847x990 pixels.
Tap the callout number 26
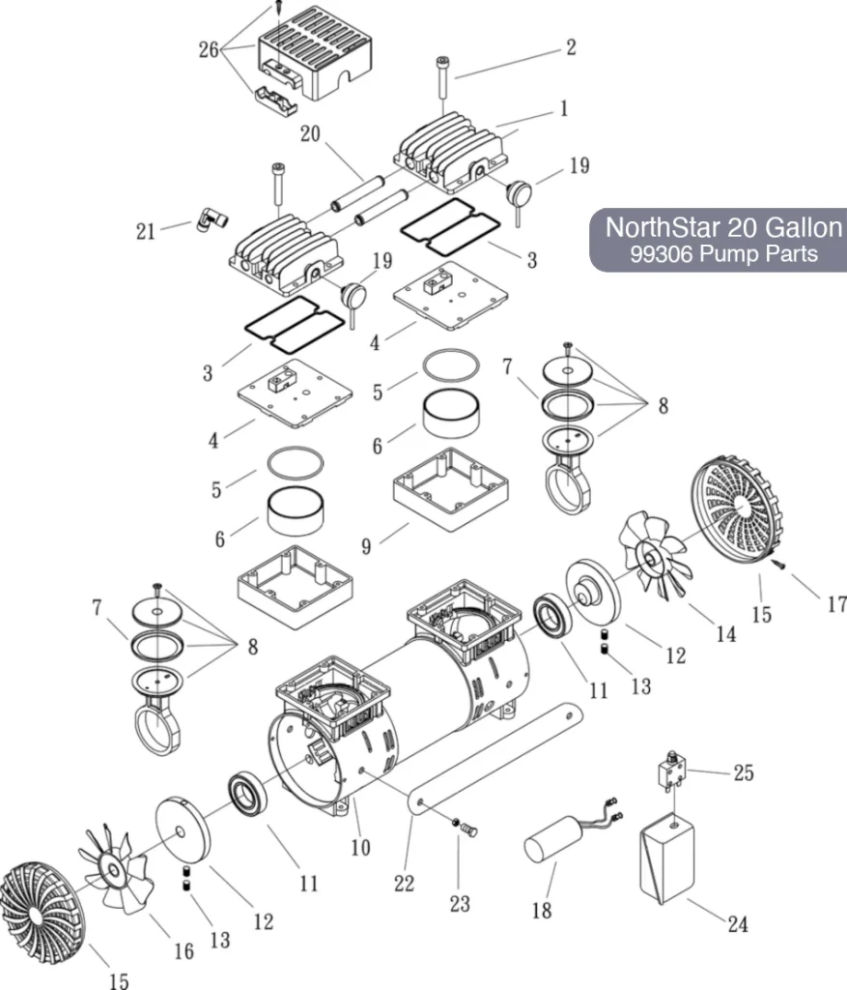(x=209, y=49)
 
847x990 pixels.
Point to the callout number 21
(x=146, y=231)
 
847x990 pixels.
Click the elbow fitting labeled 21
(x=209, y=219)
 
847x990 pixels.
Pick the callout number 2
(x=571, y=47)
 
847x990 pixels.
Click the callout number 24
(x=737, y=924)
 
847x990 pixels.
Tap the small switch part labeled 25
(x=669, y=772)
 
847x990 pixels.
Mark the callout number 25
(x=743, y=773)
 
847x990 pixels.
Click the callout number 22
(x=404, y=883)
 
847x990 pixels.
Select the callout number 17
(x=835, y=604)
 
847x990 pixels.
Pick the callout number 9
(x=366, y=545)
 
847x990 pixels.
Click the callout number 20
(x=309, y=134)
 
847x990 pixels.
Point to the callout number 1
(x=563, y=109)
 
